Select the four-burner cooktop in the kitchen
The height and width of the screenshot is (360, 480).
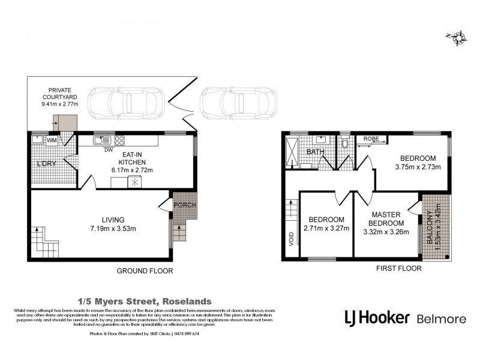click(119, 141)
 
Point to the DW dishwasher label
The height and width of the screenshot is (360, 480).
click(109, 150)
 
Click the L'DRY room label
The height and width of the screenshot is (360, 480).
click(46, 164)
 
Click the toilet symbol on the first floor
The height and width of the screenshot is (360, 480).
click(344, 144)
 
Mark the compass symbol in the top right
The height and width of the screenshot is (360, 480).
click(458, 37)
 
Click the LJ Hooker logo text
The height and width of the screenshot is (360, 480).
click(376, 318)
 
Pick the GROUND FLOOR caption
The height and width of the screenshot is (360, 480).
click(145, 271)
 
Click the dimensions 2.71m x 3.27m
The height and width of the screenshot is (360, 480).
click(327, 228)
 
